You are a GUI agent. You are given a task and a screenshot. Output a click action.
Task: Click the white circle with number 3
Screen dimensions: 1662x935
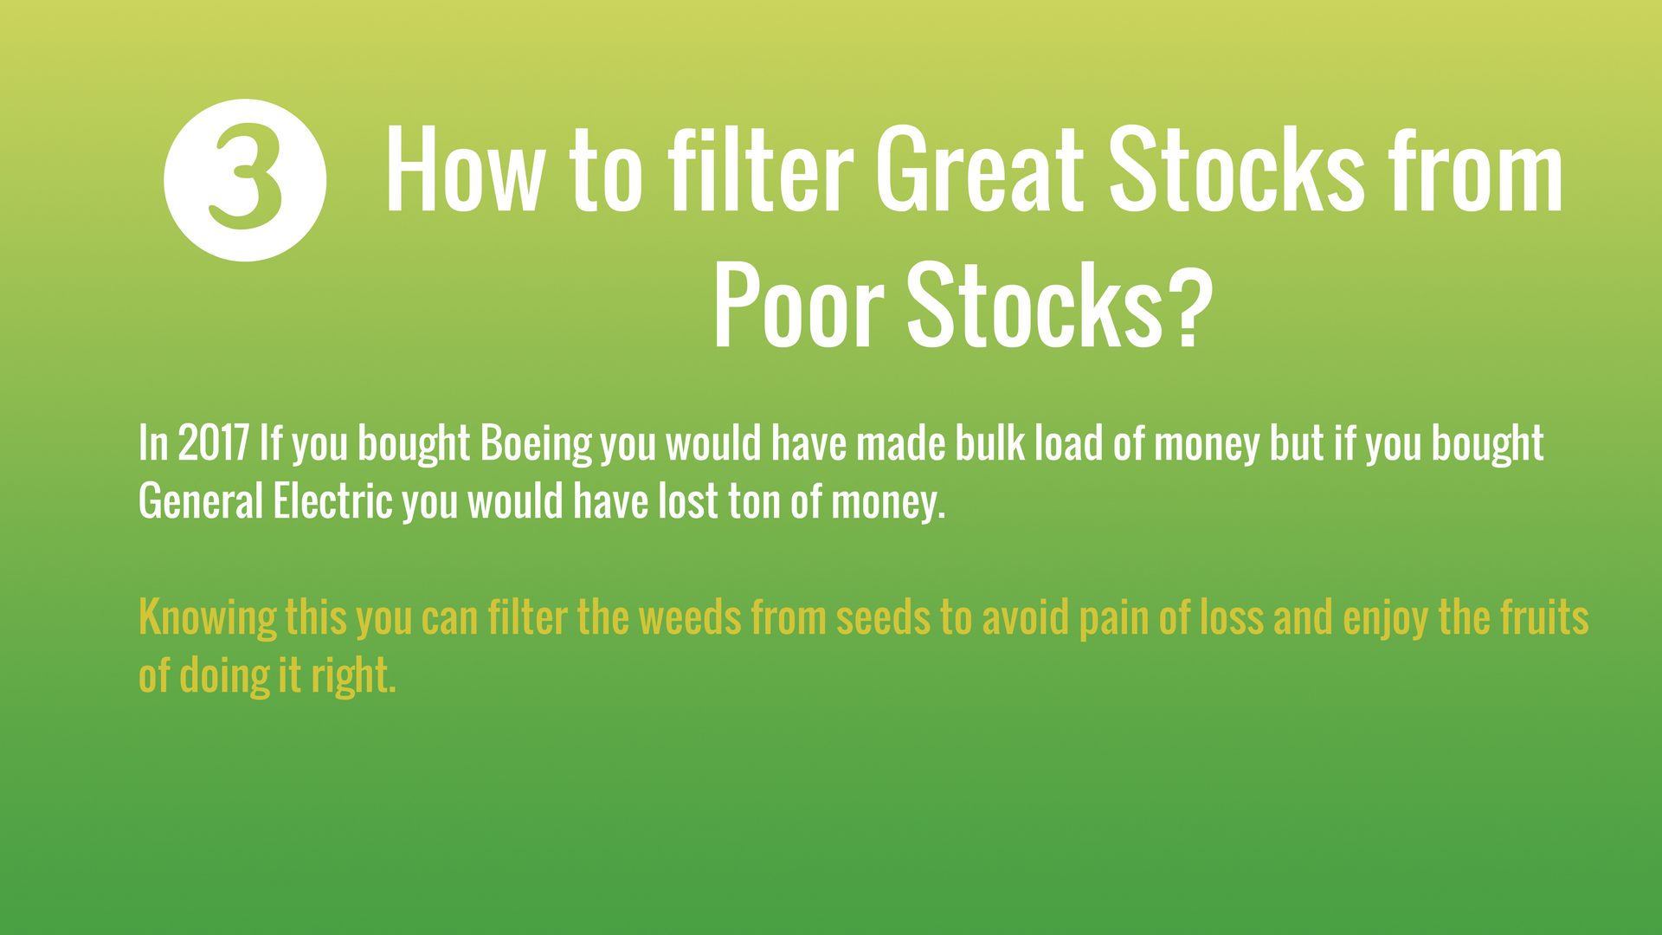pos(245,180)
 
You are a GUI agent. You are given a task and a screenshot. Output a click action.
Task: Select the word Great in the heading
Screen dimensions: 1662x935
pos(980,171)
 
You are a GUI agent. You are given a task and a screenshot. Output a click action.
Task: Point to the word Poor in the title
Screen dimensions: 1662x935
pos(799,306)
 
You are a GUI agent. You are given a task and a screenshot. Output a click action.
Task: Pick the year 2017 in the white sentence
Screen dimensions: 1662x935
pos(214,443)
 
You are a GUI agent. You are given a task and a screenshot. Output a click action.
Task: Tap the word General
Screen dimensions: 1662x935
pos(201,501)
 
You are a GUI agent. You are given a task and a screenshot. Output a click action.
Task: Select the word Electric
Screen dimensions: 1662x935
pos(333,501)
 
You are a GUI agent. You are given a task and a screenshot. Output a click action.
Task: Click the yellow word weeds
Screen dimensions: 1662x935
pos(690,618)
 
